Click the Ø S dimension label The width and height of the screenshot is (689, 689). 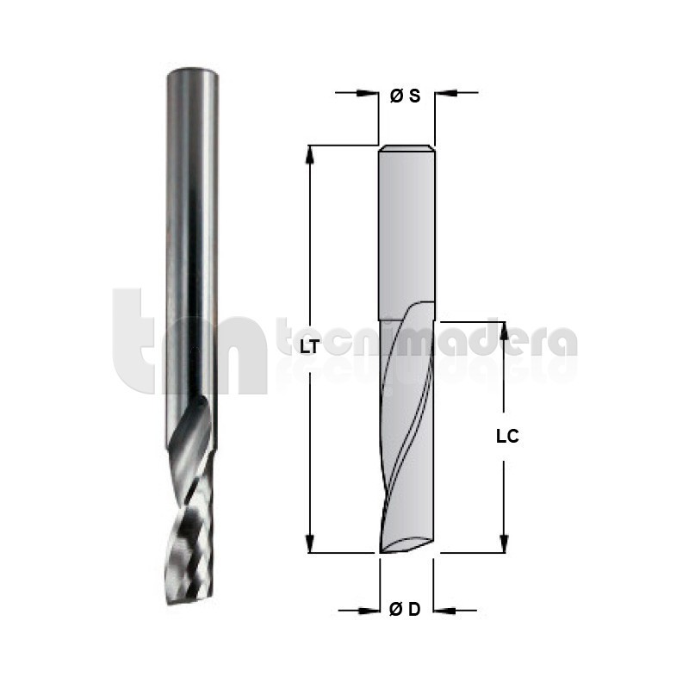(x=405, y=96)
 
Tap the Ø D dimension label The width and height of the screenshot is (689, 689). (x=405, y=610)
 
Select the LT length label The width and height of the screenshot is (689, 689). (x=309, y=348)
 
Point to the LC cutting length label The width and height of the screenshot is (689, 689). (x=507, y=437)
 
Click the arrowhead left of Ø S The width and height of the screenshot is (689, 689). (x=369, y=93)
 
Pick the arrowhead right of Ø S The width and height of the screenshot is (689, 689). (x=446, y=93)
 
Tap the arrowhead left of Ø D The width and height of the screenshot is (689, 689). (x=369, y=611)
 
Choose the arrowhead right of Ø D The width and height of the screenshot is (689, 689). (x=444, y=611)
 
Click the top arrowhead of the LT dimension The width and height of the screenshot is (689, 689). (x=310, y=155)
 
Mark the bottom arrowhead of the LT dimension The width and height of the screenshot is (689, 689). (x=310, y=543)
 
